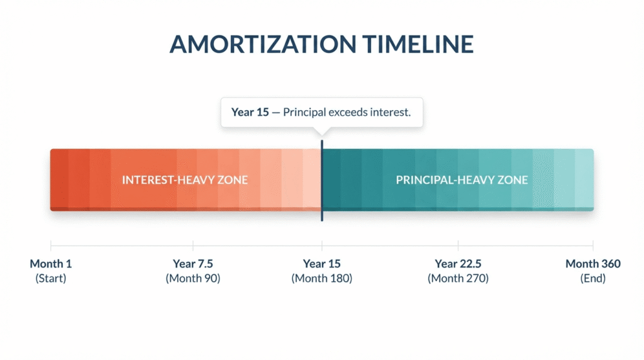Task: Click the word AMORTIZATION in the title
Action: (263, 44)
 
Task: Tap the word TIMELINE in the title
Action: (418, 44)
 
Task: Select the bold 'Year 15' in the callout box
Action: (250, 112)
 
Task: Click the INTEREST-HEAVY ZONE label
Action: (185, 180)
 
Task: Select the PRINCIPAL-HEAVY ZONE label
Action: (462, 180)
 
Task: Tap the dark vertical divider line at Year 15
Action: (322, 181)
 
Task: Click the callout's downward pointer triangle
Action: (322, 131)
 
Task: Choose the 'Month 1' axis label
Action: (50, 264)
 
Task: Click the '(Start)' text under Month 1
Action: (50, 279)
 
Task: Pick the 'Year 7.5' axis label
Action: (192, 264)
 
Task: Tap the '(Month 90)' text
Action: (192, 279)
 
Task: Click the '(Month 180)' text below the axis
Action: (322, 279)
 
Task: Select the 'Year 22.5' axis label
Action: (458, 264)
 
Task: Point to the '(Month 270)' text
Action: (458, 279)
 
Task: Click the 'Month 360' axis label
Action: (592, 264)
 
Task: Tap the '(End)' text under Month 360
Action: (592, 279)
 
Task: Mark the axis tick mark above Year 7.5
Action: (192, 245)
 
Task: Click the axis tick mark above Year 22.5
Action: (458, 245)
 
